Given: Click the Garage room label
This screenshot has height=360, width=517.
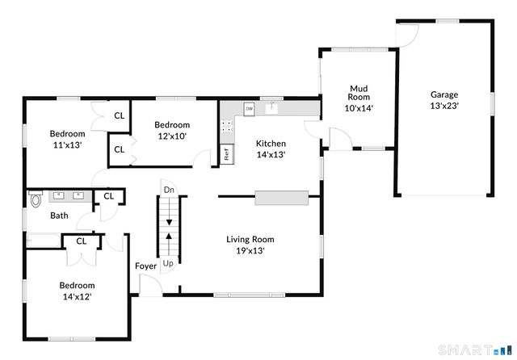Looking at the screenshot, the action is [x=444, y=95].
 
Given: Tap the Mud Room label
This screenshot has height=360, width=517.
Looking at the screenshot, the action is [x=359, y=93].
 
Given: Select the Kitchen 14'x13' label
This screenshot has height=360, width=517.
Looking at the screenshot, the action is [x=271, y=149].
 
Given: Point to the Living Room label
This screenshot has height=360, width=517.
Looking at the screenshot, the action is [x=250, y=239].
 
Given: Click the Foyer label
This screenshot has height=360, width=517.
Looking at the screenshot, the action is [x=145, y=266].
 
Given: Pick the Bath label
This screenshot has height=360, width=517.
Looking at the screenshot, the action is [x=59, y=216].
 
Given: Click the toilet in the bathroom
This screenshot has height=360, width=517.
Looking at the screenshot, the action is [x=36, y=199].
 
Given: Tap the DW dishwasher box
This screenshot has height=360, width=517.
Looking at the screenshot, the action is [x=250, y=109].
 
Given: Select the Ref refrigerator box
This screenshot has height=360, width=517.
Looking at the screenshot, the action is [x=227, y=154].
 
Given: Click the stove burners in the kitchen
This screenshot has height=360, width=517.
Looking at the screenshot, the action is [x=227, y=127].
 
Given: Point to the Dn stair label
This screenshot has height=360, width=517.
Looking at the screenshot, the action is [x=169, y=190].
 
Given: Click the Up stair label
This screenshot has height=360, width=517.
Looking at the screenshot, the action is [x=168, y=263].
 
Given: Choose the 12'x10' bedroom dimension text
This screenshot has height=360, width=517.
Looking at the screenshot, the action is [x=172, y=136].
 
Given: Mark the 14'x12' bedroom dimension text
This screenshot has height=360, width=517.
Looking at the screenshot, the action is [x=78, y=297].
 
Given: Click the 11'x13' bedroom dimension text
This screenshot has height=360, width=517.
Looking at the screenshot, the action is [x=68, y=145].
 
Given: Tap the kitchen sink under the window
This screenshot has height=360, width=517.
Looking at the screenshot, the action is [x=271, y=107].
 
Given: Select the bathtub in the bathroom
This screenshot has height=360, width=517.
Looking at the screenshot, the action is [x=44, y=241].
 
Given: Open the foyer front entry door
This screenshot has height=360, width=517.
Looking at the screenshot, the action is [x=151, y=285].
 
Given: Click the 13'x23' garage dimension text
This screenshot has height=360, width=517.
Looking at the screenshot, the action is [x=444, y=106].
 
